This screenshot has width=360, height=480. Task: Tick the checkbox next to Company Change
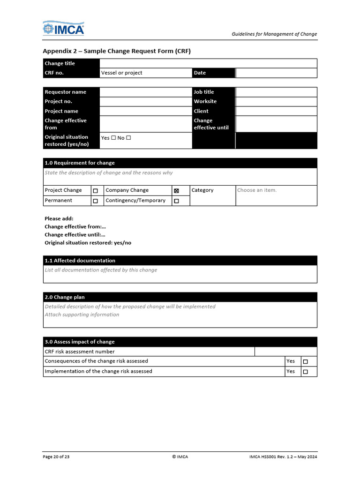tap(176, 191)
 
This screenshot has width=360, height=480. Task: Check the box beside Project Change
tap(95, 191)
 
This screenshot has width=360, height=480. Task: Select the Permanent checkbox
tap(95, 201)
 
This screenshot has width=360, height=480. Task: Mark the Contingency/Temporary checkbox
tap(176, 201)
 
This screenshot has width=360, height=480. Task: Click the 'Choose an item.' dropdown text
tap(257, 190)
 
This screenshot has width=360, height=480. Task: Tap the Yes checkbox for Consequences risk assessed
tap(306, 362)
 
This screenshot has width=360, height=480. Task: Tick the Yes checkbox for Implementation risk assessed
tap(306, 372)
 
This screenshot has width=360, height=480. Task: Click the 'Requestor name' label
tap(65, 92)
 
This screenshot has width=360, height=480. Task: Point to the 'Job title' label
tap(204, 92)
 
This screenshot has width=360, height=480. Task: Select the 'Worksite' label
tap(205, 101)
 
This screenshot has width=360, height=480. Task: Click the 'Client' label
tap(201, 111)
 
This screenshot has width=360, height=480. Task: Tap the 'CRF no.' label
tap(54, 73)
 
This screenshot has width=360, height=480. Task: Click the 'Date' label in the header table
tap(200, 73)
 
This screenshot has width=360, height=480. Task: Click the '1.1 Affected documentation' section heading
tap(80, 261)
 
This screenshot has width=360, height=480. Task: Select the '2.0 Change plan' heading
tap(65, 297)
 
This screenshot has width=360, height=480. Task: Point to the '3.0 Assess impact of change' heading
tap(80, 342)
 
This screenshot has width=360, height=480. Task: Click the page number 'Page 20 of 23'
tap(56, 457)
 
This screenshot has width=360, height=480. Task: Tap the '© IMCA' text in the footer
tap(180, 457)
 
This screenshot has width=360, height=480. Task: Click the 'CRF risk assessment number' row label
tap(80, 352)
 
